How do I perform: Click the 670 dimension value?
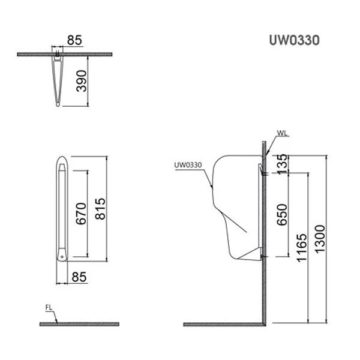coord(82,212)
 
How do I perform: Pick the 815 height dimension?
coord(100,209)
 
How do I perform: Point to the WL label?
coord(282,133)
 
